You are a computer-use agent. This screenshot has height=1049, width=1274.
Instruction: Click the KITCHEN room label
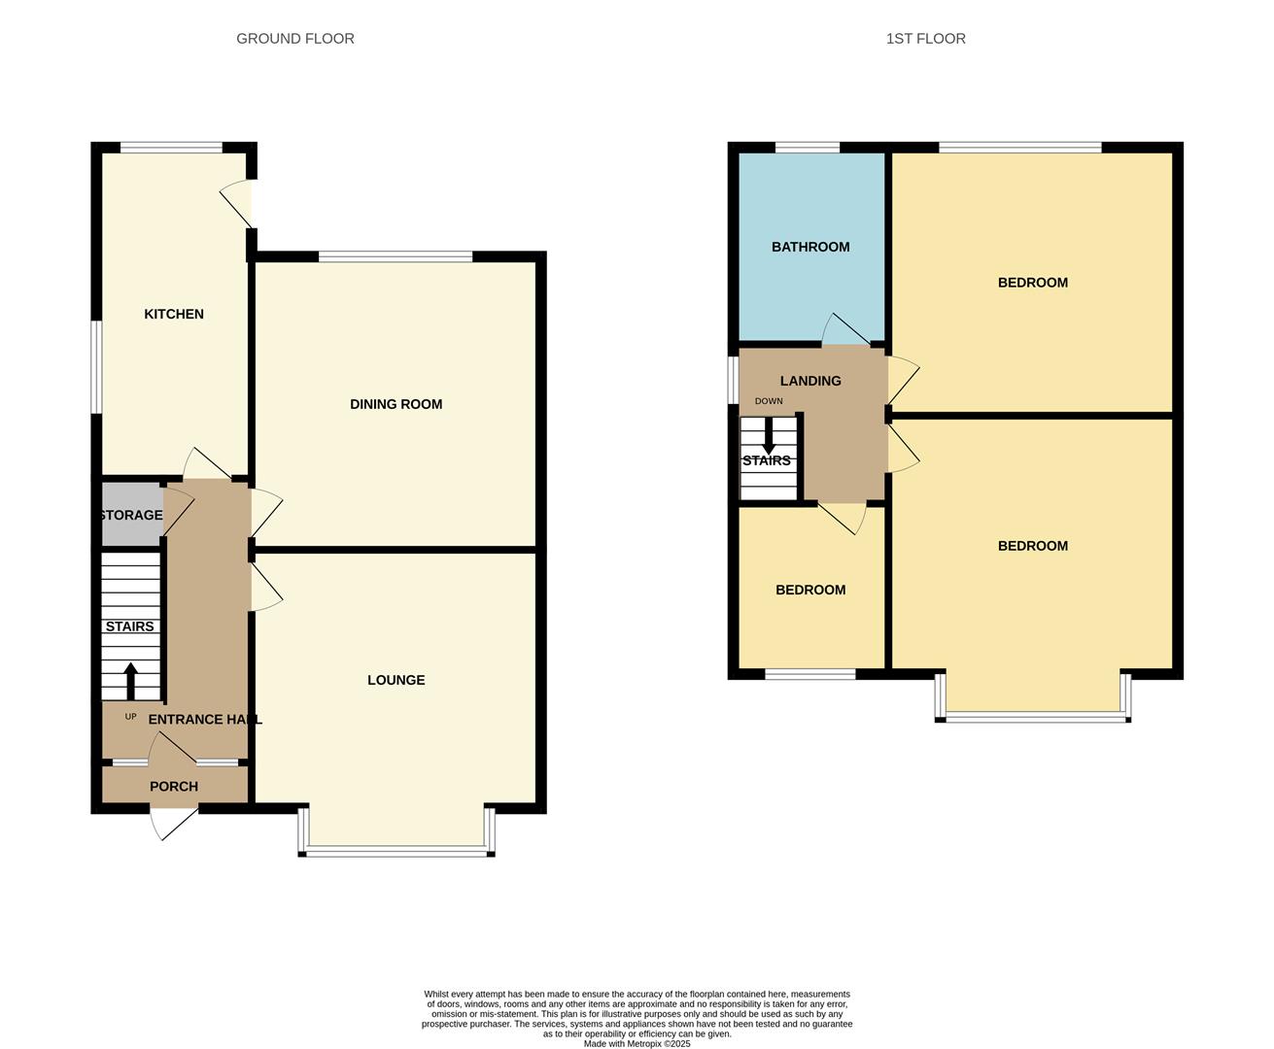click(174, 314)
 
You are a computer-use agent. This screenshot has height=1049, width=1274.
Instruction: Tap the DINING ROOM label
click(396, 404)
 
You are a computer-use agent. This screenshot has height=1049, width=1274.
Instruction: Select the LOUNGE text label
click(396, 680)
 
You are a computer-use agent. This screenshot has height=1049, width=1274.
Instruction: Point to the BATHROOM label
click(810, 247)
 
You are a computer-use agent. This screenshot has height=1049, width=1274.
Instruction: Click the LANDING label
click(810, 381)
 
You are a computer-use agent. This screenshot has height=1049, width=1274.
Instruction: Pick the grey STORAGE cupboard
click(132, 514)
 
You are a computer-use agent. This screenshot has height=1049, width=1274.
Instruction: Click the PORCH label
click(174, 787)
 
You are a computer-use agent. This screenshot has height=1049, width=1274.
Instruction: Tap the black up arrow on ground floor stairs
click(130, 681)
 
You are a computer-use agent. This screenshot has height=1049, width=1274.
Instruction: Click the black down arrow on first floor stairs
click(769, 435)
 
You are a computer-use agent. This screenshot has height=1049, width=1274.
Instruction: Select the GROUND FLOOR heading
click(295, 39)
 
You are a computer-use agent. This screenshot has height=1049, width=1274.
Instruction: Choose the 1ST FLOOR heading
click(925, 39)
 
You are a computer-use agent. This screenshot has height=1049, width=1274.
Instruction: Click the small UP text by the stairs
click(130, 717)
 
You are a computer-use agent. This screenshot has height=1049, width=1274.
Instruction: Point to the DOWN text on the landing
click(769, 401)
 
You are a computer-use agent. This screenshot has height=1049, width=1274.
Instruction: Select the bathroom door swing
click(846, 329)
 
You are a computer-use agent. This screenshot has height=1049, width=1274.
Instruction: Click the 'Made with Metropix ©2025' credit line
click(637, 1043)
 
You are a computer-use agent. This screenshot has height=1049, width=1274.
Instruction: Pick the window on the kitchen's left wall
click(96, 367)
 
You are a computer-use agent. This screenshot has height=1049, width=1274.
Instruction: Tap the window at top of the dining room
click(396, 256)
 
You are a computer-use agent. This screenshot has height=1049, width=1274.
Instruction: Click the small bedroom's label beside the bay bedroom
click(810, 590)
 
